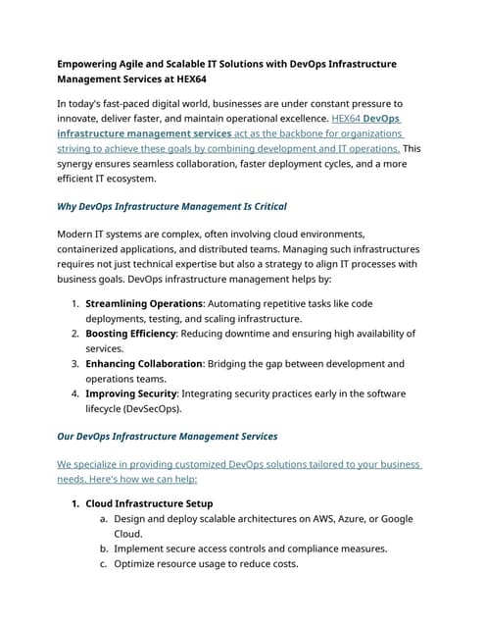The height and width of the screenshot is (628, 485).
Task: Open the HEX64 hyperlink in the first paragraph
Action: point(346,118)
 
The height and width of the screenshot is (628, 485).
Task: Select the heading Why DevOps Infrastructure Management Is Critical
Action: point(186,207)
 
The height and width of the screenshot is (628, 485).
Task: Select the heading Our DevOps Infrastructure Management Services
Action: point(168,436)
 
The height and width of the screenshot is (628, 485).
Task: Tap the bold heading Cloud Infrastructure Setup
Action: point(163,503)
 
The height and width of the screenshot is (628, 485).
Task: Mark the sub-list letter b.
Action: point(103,549)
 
